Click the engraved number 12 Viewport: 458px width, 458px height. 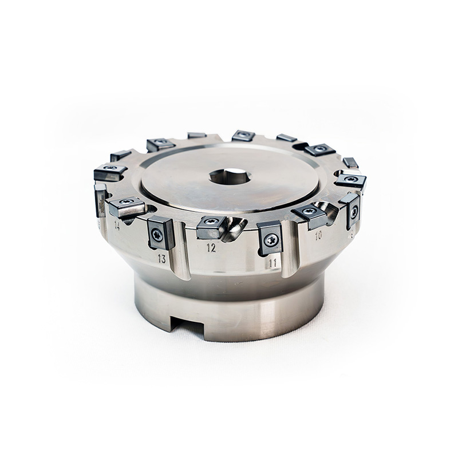coord(211,248)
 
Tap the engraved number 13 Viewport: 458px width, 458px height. coord(163,259)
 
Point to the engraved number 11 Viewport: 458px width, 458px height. coord(273,263)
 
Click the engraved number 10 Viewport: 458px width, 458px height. coord(318,235)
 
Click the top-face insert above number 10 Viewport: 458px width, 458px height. coord(306,214)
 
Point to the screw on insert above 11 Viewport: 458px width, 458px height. coord(268,240)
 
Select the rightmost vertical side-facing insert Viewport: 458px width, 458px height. coord(353,213)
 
